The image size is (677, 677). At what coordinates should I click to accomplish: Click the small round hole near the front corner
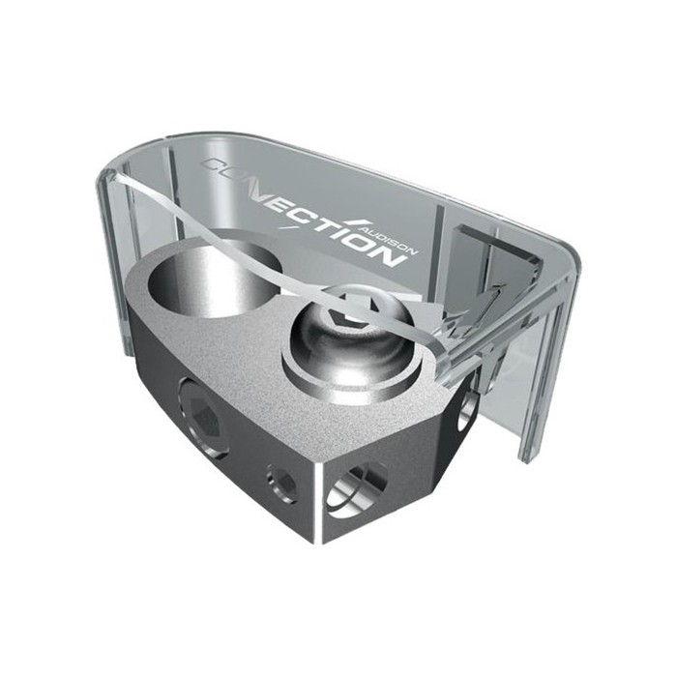pos(282,481)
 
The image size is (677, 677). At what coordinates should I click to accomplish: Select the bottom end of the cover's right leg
pos(527,455)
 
